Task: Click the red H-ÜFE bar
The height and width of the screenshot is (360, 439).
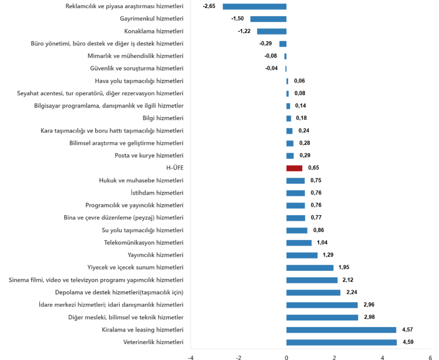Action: (x=294, y=168)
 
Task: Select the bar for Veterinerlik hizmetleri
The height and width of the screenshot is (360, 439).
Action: (x=341, y=342)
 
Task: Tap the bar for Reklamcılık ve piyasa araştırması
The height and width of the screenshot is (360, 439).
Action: (x=254, y=6)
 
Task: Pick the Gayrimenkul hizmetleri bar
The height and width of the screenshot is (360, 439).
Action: (x=268, y=19)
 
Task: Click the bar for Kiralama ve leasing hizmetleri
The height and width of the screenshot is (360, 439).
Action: (x=341, y=330)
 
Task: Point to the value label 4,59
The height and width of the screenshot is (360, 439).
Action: (x=408, y=342)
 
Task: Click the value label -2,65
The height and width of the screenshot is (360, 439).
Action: (x=209, y=6)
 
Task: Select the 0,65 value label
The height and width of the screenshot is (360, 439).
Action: (x=313, y=168)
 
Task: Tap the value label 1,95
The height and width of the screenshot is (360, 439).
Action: (x=344, y=268)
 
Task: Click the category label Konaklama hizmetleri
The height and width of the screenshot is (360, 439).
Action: (x=154, y=31)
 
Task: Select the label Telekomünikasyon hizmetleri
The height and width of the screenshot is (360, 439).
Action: (x=144, y=243)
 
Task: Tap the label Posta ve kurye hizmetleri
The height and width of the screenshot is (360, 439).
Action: (x=149, y=156)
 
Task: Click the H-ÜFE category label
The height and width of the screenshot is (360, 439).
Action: (x=175, y=168)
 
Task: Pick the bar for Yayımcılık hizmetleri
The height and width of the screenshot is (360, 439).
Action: (x=302, y=255)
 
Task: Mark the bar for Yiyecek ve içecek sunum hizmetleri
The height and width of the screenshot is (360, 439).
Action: (x=310, y=268)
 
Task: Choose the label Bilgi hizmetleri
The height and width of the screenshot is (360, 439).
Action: (x=163, y=118)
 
